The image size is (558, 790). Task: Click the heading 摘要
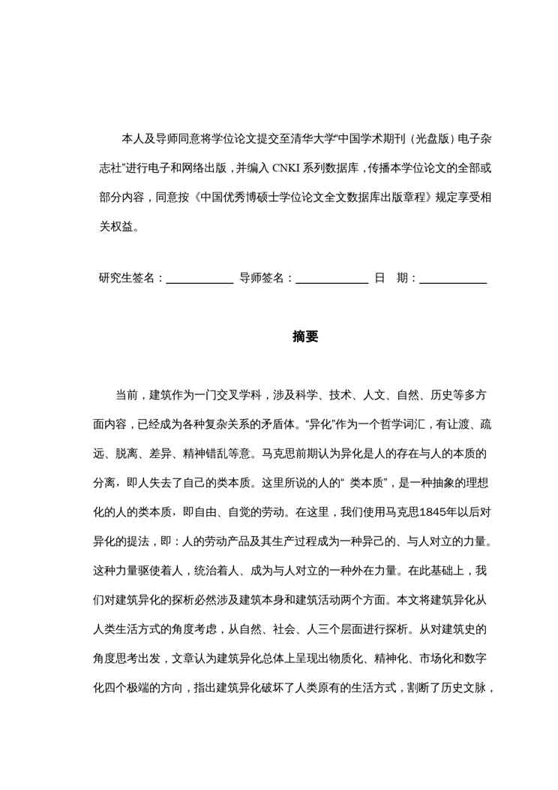(x=305, y=337)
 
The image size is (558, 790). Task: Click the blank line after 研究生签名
(x=199, y=281)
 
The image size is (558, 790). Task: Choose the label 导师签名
(x=262, y=278)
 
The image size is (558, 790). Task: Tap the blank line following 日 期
(x=453, y=281)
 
